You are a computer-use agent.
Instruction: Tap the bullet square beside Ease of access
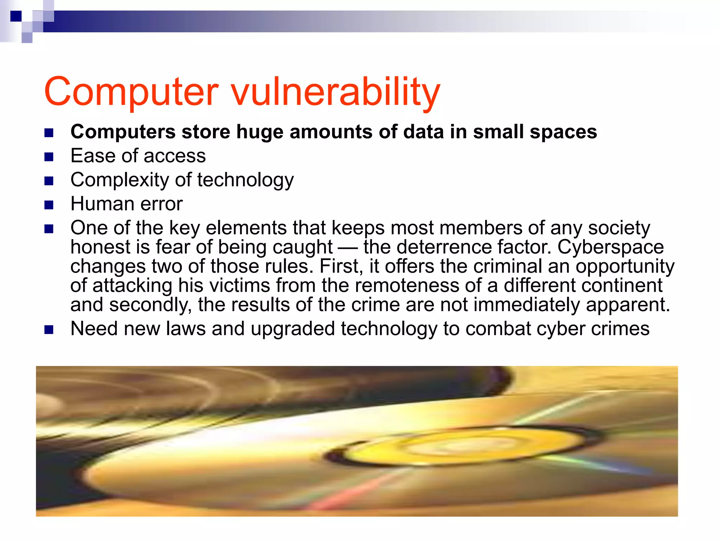coord(49,156)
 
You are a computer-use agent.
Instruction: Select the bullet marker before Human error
coord(49,205)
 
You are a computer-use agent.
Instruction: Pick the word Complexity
coord(120,180)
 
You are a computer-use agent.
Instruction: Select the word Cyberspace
coord(611,247)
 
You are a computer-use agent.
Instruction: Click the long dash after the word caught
coord(348,247)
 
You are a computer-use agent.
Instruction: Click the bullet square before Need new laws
coord(49,330)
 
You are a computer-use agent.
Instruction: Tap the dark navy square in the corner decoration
coord(16,16)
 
